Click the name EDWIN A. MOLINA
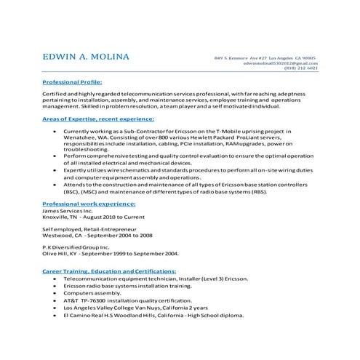87,57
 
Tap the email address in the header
279,63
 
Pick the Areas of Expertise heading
98,118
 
